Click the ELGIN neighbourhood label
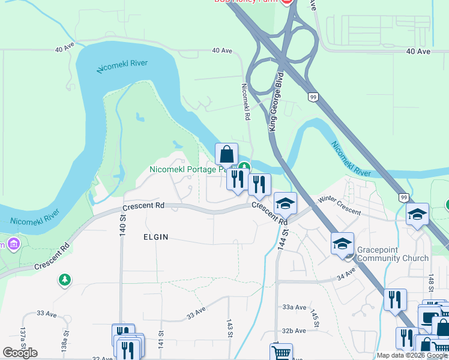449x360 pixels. tap(155, 237)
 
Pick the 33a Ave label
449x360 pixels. tap(294, 307)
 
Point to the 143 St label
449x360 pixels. tap(229, 329)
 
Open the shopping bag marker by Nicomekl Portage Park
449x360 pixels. tap(226, 154)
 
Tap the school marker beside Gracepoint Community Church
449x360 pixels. tap(342, 244)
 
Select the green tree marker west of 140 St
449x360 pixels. tap(64, 280)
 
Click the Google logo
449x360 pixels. tap(20, 353)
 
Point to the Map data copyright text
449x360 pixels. tap(412, 355)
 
